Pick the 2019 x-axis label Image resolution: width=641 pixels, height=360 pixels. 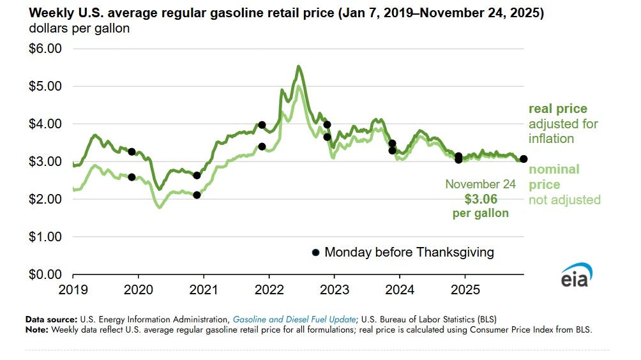pyautogui.click(x=73, y=290)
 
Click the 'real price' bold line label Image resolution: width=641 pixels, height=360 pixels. pyautogui.click(x=557, y=109)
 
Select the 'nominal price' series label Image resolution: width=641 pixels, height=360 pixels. pyautogui.click(x=554, y=177)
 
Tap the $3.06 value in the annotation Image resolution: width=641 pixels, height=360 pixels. pyautogui.click(x=481, y=199)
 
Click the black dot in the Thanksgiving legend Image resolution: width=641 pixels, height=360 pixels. pyautogui.click(x=315, y=253)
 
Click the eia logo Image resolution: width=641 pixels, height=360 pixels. pyautogui.click(x=577, y=276)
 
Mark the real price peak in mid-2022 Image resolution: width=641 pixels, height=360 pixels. pyautogui.click(x=298, y=66)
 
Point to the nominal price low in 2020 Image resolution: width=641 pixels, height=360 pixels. pyautogui.click(x=159, y=207)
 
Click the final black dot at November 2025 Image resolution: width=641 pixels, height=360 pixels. pyautogui.click(x=524, y=159)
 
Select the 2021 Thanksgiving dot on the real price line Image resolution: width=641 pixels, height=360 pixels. pyautogui.click(x=262, y=125)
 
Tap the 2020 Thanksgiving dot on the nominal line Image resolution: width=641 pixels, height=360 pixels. pyautogui.click(x=197, y=195)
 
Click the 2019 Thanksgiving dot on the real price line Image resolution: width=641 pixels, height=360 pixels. pyautogui.click(x=132, y=152)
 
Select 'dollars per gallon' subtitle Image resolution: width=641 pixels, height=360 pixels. pyautogui.click(x=79, y=29)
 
